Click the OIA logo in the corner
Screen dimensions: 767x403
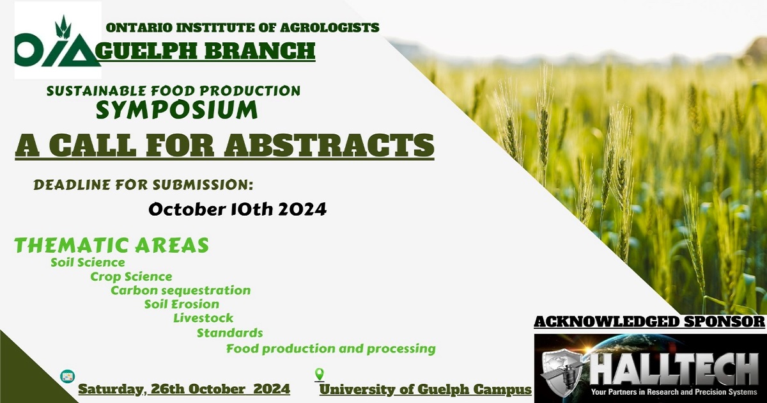(x=58, y=40)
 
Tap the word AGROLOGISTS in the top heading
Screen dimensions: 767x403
(x=329, y=28)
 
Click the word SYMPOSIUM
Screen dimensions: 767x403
(x=176, y=109)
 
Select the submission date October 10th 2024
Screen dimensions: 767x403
(x=238, y=209)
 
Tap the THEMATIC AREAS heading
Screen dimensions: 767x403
(x=112, y=245)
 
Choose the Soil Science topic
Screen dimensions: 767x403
(x=88, y=262)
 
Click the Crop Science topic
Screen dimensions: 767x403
(x=131, y=276)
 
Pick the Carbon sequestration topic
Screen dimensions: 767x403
(x=181, y=290)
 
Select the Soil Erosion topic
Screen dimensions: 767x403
(x=182, y=304)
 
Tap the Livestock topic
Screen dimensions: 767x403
(x=203, y=318)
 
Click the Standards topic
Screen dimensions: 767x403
(x=230, y=333)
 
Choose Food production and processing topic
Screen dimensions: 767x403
(x=331, y=349)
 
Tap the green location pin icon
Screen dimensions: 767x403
(x=320, y=374)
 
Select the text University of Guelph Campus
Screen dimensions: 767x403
(x=426, y=390)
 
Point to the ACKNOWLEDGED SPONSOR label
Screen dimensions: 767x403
(x=649, y=322)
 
